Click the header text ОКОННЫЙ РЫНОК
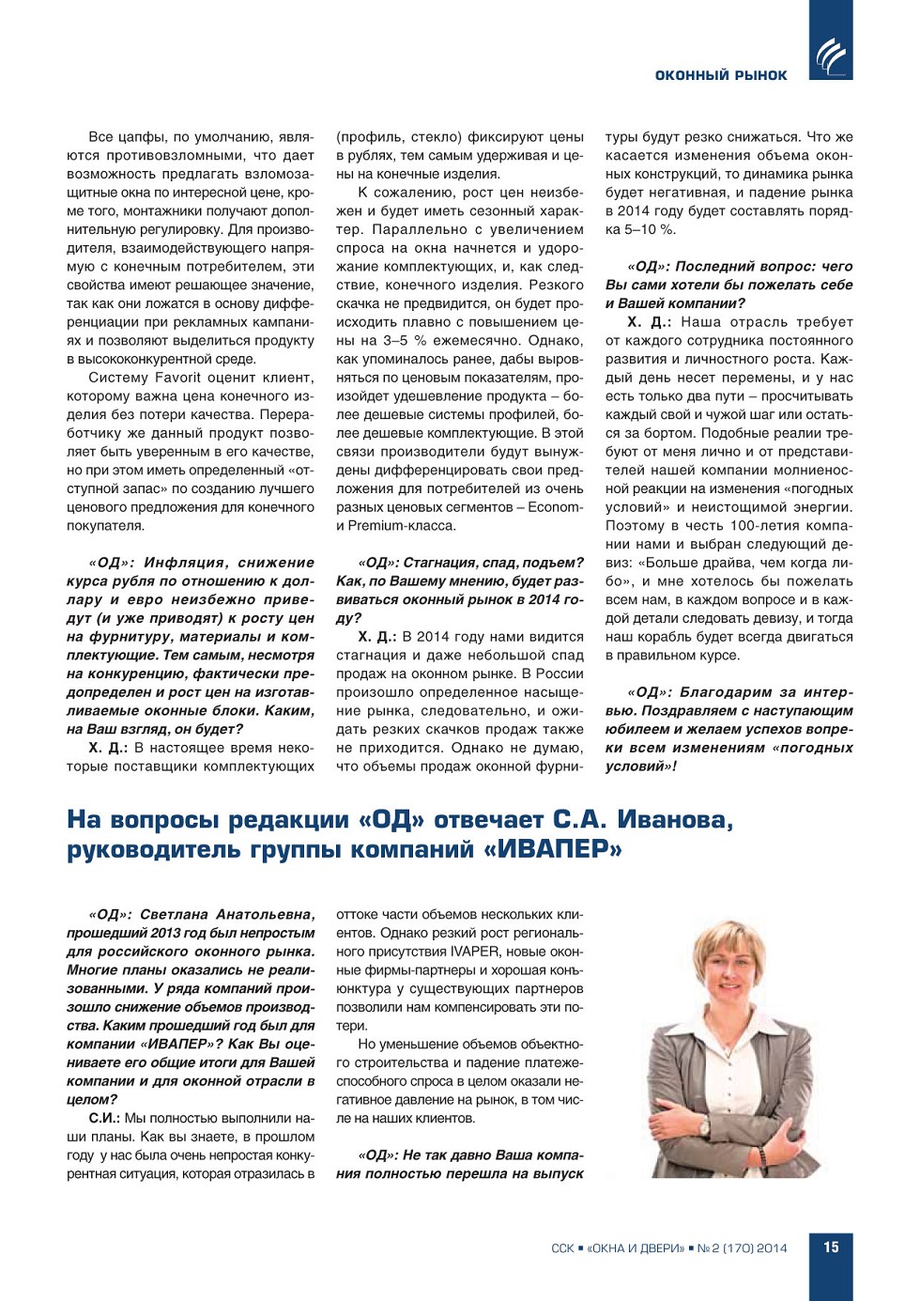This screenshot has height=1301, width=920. click(x=721, y=75)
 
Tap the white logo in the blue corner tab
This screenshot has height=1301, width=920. click(x=831, y=55)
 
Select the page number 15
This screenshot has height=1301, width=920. click(x=831, y=1247)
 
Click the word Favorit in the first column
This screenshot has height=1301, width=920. click(x=179, y=378)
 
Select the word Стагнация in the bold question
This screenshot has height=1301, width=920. click(x=441, y=563)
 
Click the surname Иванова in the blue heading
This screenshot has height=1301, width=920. click(x=672, y=820)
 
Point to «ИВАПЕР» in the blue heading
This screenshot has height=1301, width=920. click(x=560, y=850)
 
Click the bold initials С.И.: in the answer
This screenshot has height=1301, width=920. click(x=103, y=1119)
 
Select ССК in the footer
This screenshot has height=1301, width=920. click(x=562, y=1248)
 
